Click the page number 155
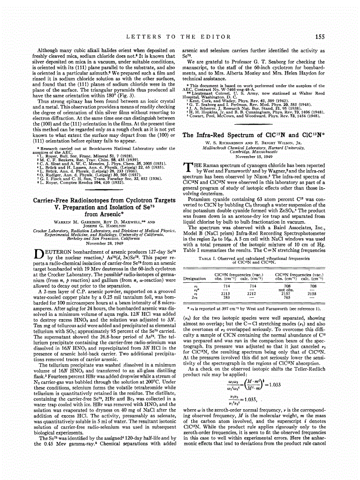[320, 36]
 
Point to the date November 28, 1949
[104, 243]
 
